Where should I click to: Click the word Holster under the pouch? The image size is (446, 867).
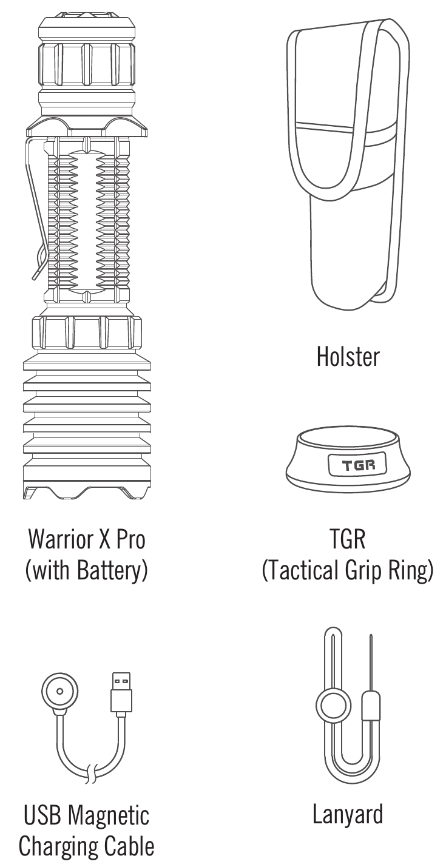click(x=348, y=357)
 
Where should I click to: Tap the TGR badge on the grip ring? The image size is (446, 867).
click(x=358, y=464)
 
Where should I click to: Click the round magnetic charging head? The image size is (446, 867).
click(x=59, y=691)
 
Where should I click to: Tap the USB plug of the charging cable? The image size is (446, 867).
click(x=121, y=692)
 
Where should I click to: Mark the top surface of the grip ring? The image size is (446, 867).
click(x=348, y=439)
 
